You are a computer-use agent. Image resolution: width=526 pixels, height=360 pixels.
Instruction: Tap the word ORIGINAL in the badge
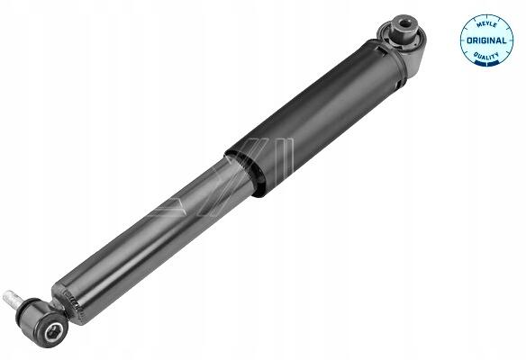(486, 40)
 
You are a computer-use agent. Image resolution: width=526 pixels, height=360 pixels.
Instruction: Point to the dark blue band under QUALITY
(486, 63)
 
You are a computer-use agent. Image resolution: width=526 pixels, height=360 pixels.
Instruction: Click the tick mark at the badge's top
(486, 16)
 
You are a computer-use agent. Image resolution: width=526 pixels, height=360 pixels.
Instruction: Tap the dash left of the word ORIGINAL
(463, 40)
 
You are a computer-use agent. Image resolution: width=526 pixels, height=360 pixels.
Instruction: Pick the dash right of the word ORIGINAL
(510, 40)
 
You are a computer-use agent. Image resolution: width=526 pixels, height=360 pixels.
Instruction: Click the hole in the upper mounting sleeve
(406, 24)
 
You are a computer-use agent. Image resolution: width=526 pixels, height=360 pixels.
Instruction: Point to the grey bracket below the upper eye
(413, 59)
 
